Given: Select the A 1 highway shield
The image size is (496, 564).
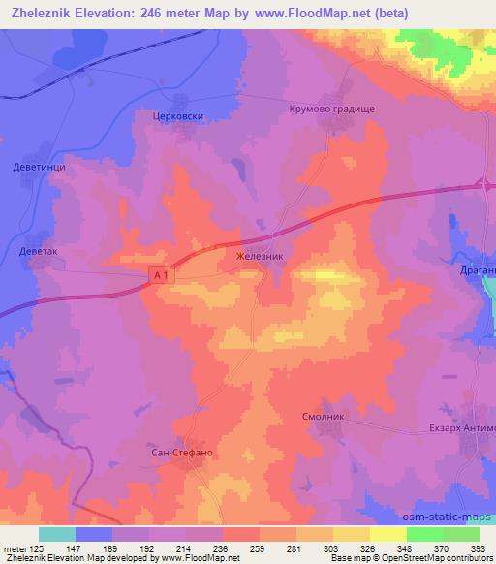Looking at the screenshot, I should tap(162, 277).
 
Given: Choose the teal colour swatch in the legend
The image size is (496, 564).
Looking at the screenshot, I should tap(57, 533).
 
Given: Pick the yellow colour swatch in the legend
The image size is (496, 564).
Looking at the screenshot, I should tap(387, 533).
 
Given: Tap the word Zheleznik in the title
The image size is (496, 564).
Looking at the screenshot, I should tap(41, 13).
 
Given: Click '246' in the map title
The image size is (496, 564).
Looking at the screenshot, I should tap(160, 13).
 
